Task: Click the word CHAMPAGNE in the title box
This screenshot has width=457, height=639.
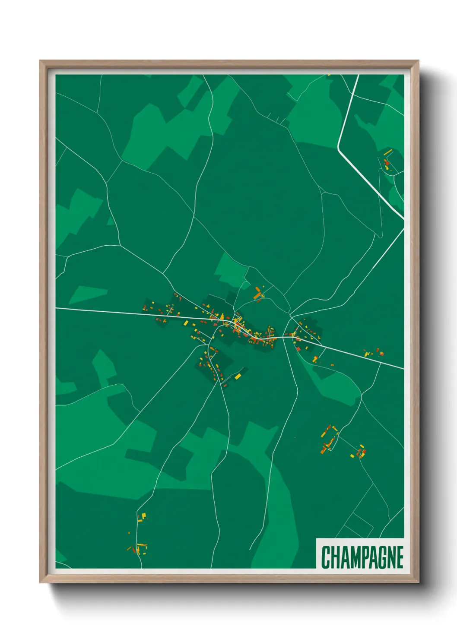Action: (x=362, y=557)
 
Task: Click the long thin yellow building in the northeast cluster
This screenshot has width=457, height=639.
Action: (x=387, y=152)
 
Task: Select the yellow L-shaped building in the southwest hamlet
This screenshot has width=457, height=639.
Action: (x=143, y=516)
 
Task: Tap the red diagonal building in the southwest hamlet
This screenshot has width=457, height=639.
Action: (x=129, y=548)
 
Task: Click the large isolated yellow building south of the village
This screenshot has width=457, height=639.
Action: (x=238, y=376)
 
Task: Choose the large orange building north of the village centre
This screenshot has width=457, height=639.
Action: (x=258, y=295)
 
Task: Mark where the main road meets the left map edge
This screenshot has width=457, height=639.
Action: (x=56, y=308)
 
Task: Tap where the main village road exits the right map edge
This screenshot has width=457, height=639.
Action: (x=403, y=369)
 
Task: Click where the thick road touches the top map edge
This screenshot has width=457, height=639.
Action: (x=358, y=76)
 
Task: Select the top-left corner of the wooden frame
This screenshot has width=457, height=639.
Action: (x=41, y=61)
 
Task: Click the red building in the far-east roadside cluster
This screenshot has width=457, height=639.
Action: (x=381, y=354)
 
